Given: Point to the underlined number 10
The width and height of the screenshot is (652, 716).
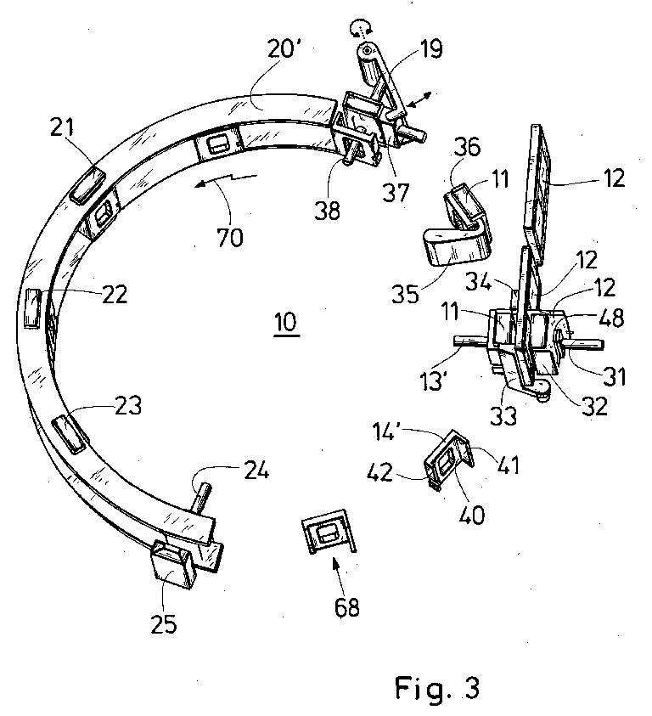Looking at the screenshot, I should click(285, 324).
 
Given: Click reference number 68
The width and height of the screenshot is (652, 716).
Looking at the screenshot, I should click(346, 608).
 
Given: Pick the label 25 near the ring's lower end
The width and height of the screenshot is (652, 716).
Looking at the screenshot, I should click(165, 625).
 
